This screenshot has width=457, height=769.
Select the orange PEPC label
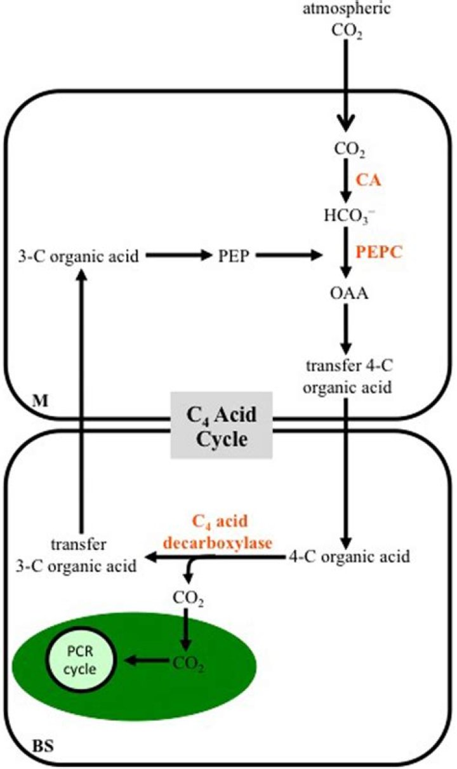(x=380, y=253)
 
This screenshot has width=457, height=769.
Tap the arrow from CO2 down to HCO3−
(x=345, y=184)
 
